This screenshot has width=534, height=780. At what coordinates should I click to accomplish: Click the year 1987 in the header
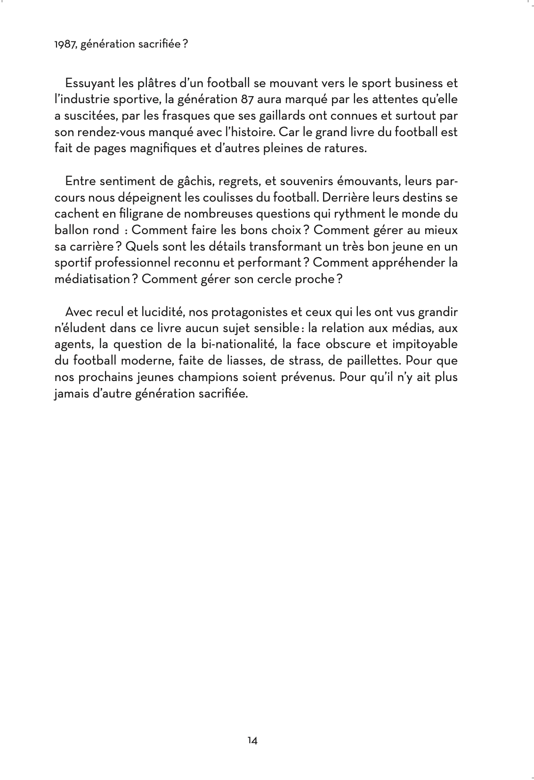coord(63,45)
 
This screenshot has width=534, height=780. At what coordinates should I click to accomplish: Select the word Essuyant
coord(89,83)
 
